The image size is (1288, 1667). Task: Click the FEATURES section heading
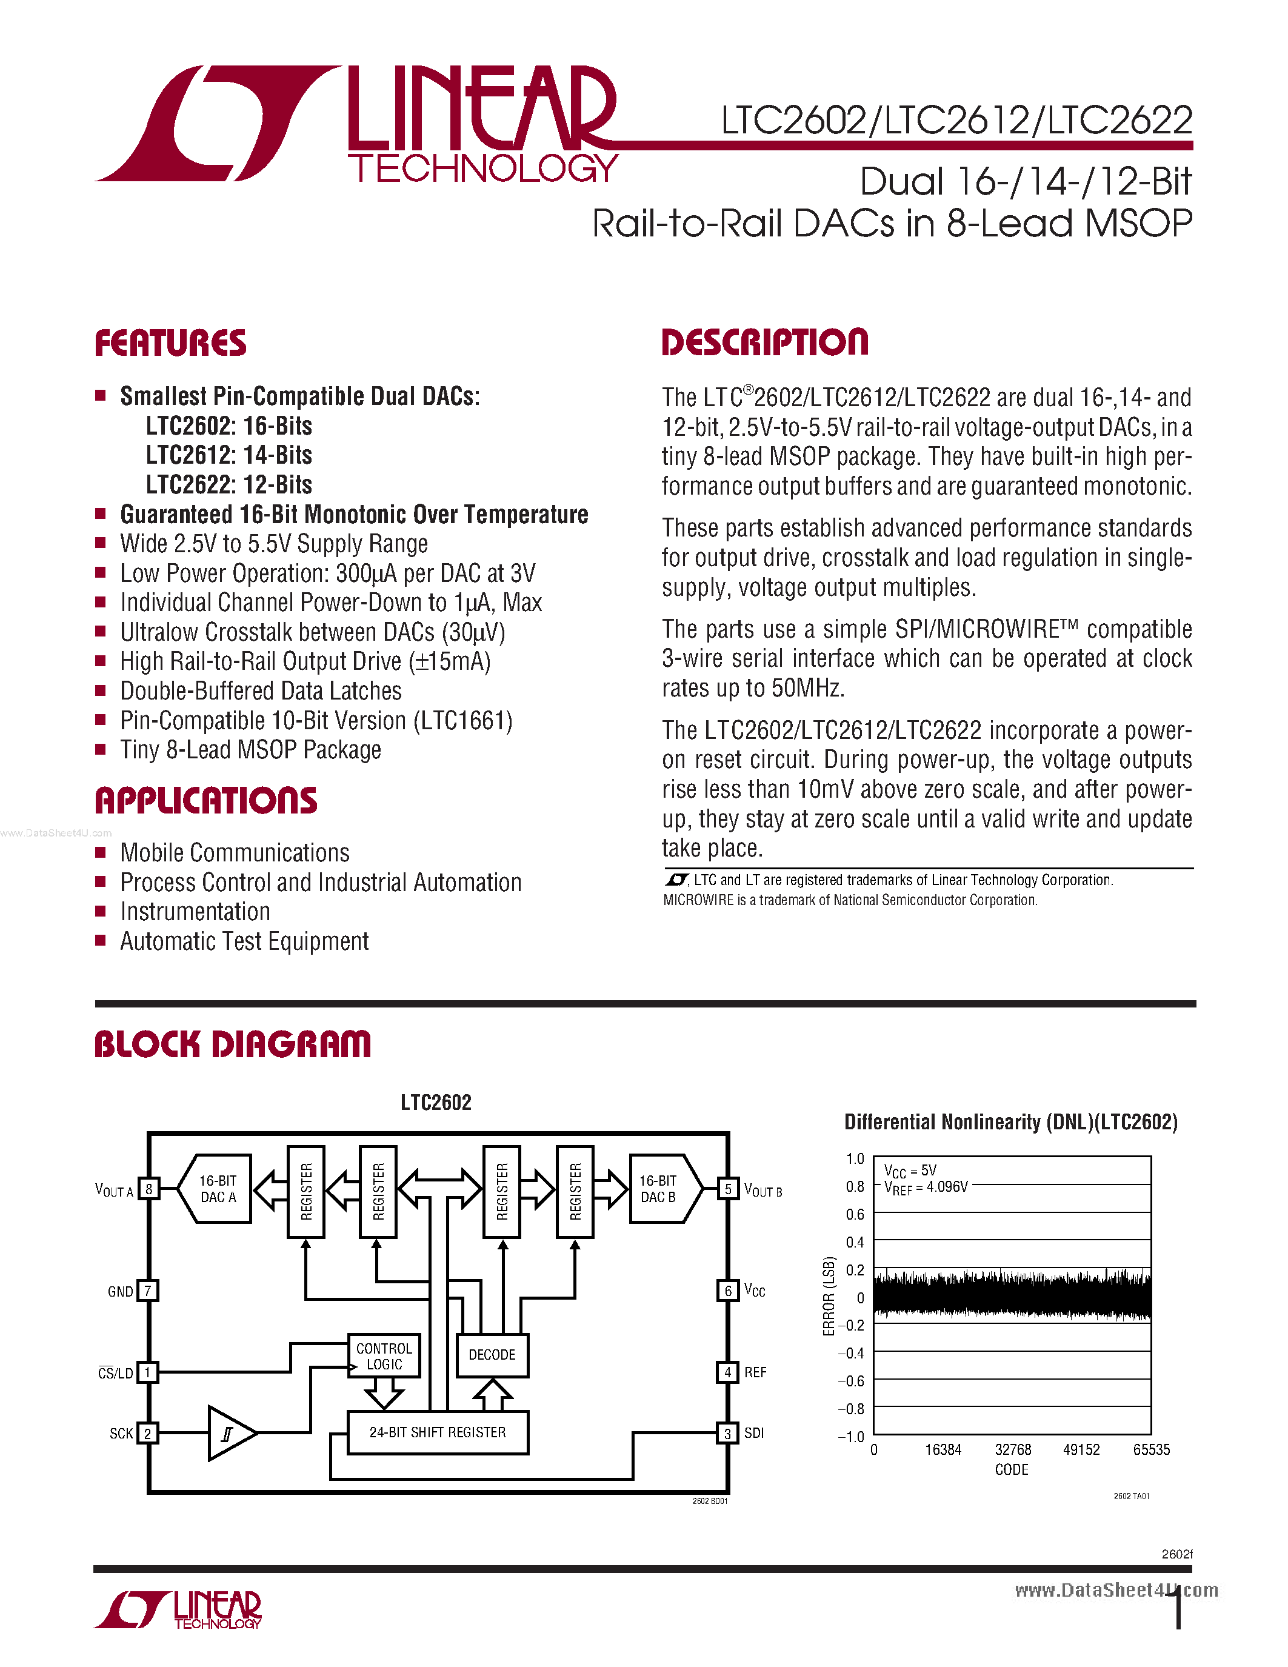click(x=170, y=344)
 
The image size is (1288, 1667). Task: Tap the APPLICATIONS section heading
click(x=206, y=801)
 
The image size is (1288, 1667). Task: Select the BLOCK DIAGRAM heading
click(x=233, y=1045)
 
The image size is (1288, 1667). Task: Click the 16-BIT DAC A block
click(x=218, y=1189)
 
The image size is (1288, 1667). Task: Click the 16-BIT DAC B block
click(x=661, y=1189)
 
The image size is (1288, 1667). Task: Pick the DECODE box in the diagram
click(x=492, y=1355)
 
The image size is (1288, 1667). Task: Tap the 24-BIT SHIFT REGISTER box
click(x=437, y=1432)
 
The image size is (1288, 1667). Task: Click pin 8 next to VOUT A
click(x=148, y=1189)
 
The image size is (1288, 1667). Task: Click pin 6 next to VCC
click(x=728, y=1291)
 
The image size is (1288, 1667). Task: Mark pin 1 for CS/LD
click(x=148, y=1372)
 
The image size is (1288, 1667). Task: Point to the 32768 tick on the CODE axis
click(x=1013, y=1449)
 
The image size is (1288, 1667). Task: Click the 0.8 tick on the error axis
click(x=855, y=1187)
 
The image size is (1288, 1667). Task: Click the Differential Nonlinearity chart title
click(x=1011, y=1122)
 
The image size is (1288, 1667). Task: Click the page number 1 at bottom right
click(x=1179, y=1611)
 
